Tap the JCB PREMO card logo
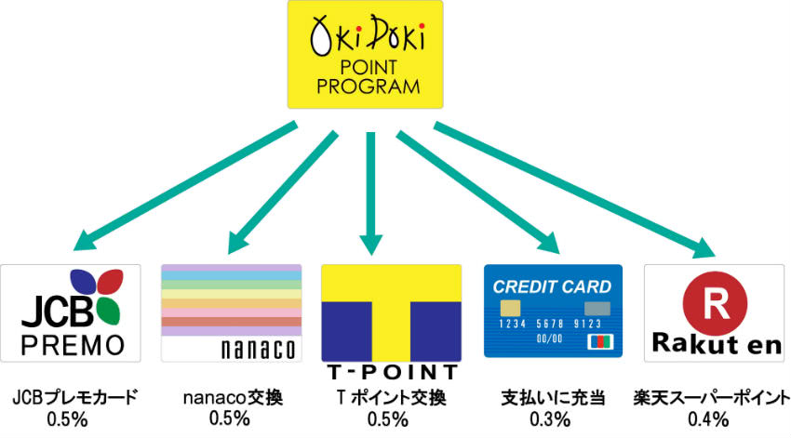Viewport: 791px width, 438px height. [x=71, y=313]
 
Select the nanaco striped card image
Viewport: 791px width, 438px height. [x=232, y=312]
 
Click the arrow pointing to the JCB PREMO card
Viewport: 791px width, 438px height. [x=185, y=182]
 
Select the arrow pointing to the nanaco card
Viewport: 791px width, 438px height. [x=279, y=186]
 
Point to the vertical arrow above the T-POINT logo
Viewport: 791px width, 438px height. [x=370, y=191]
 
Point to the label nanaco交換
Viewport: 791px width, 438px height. [x=231, y=398]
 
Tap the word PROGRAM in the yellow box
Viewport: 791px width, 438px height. [x=365, y=88]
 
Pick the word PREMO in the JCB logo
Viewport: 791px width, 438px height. [x=71, y=345]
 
